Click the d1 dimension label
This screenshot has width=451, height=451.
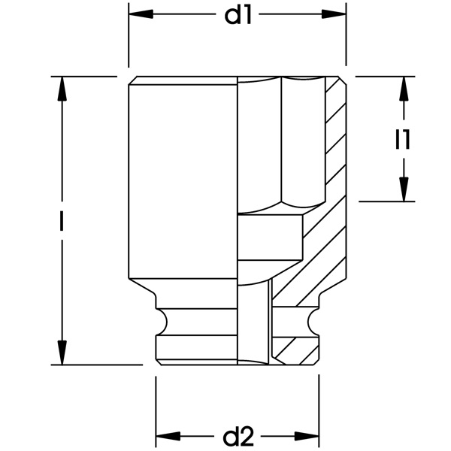tap(238, 16)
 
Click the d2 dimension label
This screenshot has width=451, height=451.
tap(237, 435)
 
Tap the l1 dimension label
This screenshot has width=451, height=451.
tap(404, 139)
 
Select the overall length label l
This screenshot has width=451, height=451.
tap(62, 221)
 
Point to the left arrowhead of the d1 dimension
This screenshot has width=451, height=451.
tap(140, 15)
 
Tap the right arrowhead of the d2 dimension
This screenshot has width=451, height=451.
tap(307, 435)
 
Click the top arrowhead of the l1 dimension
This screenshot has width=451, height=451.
tap(404, 87)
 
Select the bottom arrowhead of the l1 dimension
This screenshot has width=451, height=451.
tap(404, 189)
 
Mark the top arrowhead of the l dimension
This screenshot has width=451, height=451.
tap(62, 88)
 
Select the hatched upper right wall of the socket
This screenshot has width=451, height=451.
tap(335, 135)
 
